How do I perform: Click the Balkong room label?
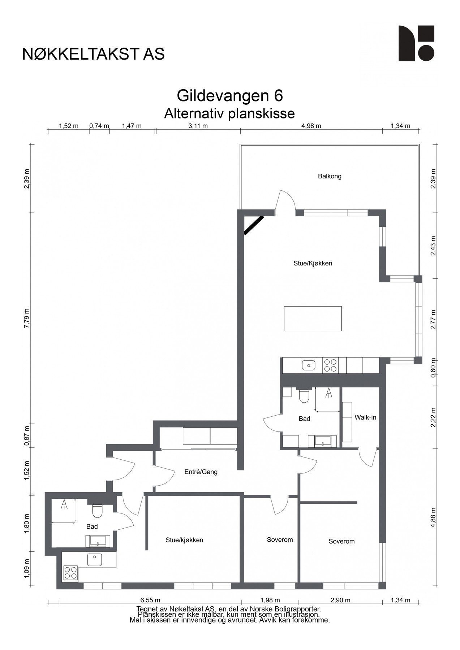click(x=330, y=176)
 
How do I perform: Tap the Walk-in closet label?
click(x=365, y=417)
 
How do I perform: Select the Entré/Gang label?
click(x=201, y=472)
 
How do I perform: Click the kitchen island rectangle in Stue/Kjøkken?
click(x=313, y=318)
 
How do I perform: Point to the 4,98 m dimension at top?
click(x=311, y=126)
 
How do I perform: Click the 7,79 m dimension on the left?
click(x=26, y=318)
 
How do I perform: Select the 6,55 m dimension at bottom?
click(x=150, y=600)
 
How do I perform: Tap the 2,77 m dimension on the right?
click(x=433, y=320)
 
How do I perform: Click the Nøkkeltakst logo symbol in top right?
click(x=416, y=43)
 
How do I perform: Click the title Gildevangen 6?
click(x=229, y=96)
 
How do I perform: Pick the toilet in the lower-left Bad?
click(x=97, y=511)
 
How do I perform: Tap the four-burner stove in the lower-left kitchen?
click(x=70, y=572)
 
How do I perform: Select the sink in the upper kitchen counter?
click(x=308, y=365)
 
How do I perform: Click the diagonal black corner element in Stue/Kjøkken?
click(x=254, y=225)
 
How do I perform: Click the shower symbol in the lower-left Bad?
click(x=64, y=504)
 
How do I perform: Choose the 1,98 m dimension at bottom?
click(x=270, y=600)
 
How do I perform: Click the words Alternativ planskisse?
click(x=229, y=113)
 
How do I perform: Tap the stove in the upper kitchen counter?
click(x=330, y=365)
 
